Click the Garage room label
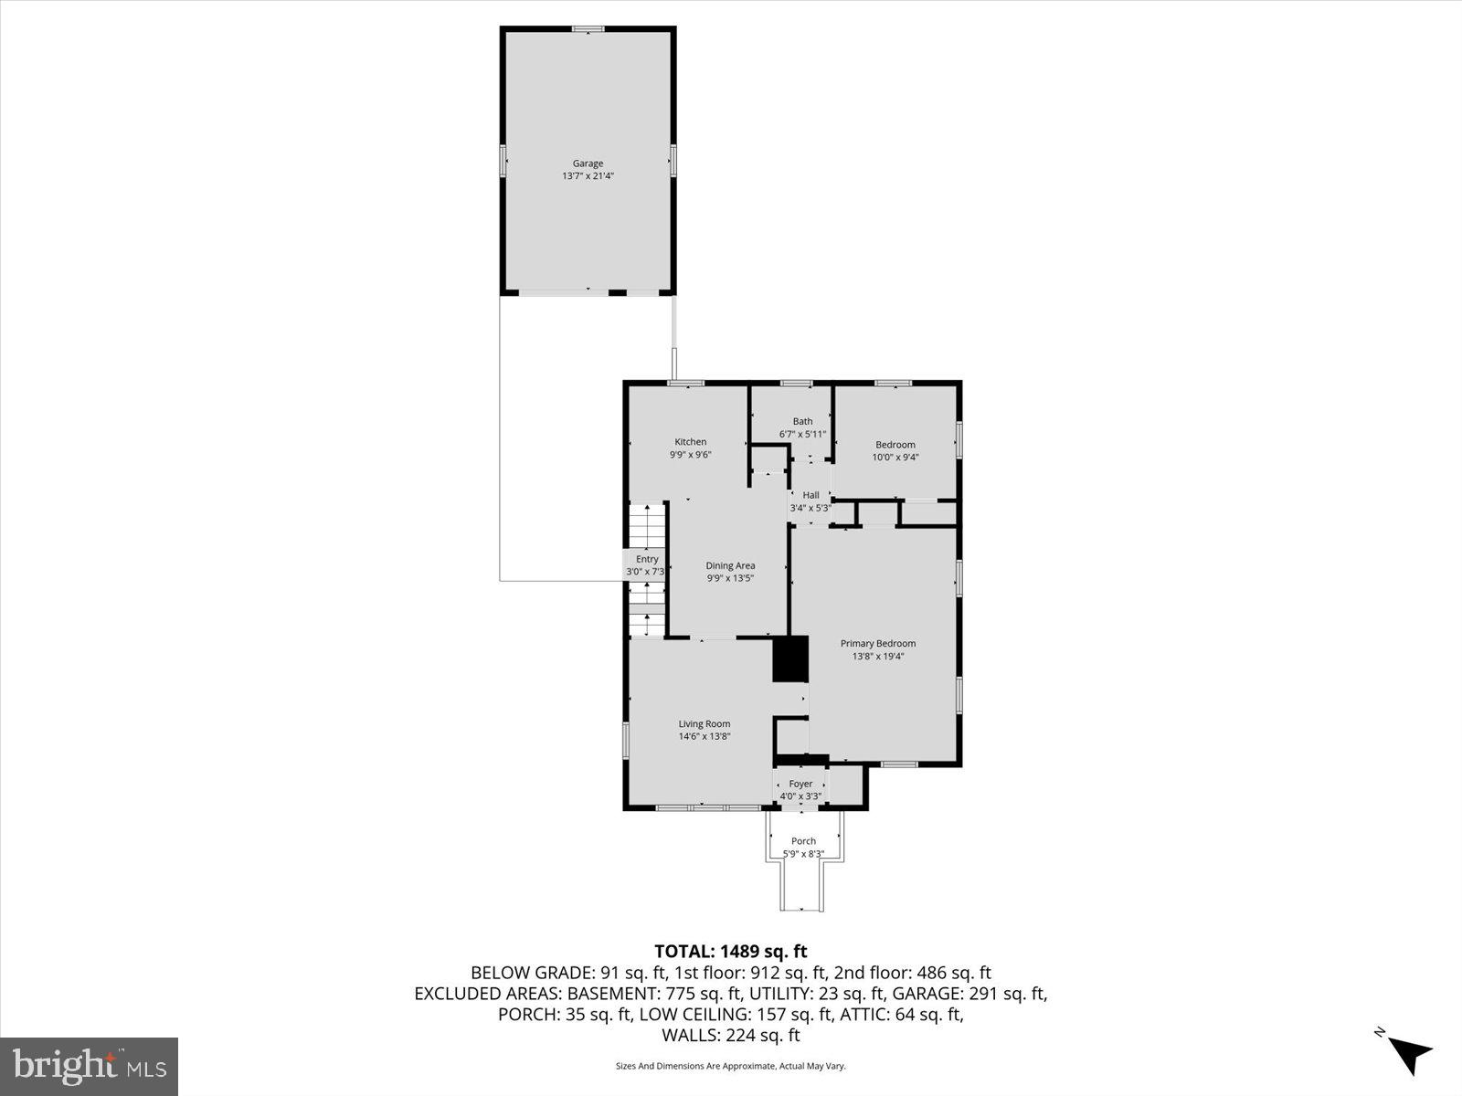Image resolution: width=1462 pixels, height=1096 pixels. click(x=588, y=164)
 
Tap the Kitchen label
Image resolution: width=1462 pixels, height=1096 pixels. click(x=690, y=442)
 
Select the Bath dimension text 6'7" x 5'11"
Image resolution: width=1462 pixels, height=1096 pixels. click(x=802, y=434)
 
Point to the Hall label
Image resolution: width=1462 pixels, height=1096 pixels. click(x=810, y=495)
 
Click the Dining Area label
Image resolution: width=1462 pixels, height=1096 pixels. click(x=730, y=565)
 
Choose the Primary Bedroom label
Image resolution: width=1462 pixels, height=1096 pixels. click(x=877, y=643)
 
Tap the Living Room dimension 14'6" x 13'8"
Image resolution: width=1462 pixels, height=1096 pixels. click(x=704, y=736)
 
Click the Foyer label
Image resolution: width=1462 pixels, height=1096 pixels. click(x=800, y=784)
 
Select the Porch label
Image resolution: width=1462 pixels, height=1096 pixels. click(x=803, y=841)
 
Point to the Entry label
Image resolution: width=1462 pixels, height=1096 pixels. click(x=647, y=559)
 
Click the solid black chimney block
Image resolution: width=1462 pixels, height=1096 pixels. click(x=791, y=659)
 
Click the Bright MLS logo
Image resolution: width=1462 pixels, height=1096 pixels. click(x=89, y=1066)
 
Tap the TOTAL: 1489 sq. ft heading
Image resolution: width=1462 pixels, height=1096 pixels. click(x=730, y=952)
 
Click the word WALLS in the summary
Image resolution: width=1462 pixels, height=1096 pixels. click(x=690, y=1035)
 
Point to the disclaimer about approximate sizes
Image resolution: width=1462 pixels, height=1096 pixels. click(x=730, y=1066)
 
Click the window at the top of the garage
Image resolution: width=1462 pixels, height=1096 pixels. click(x=588, y=29)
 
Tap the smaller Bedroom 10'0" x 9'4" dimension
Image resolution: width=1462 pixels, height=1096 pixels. click(x=895, y=458)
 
